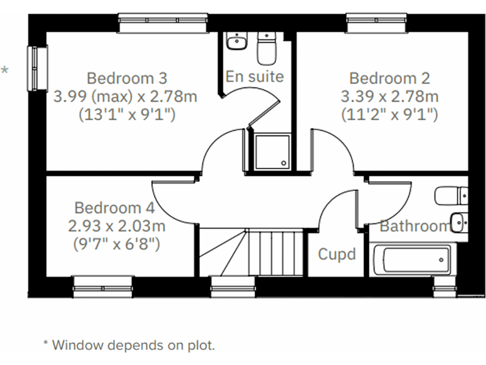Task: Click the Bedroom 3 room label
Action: [127, 79]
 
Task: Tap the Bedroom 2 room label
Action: [389, 79]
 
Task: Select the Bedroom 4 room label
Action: [114, 208]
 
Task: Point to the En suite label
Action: [254, 77]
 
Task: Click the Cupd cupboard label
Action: [337, 255]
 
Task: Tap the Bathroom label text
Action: [414, 226]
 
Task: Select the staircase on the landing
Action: [253, 253]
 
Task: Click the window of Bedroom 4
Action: [103, 286]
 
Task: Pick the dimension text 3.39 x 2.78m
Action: [389, 97]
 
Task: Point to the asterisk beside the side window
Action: [5, 70]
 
